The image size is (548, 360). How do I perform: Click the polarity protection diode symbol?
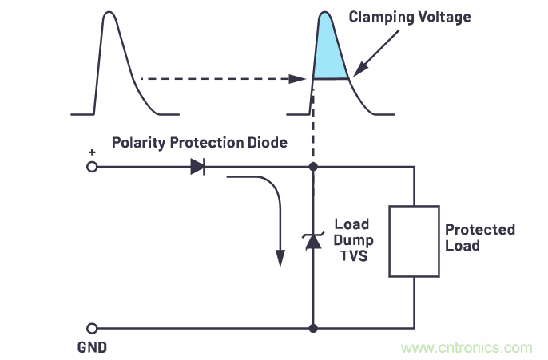click(x=197, y=167)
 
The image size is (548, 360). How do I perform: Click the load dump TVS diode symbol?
click(x=313, y=240)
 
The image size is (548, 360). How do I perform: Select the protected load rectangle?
click(x=414, y=241)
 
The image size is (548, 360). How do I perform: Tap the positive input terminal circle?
click(x=92, y=167)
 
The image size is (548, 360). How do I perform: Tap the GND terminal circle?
click(x=92, y=327)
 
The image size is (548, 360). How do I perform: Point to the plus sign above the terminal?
click(x=91, y=152)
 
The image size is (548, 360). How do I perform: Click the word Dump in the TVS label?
click(x=351, y=239)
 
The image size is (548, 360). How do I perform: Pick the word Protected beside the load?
click(x=479, y=230)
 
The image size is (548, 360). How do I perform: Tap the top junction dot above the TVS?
click(x=313, y=167)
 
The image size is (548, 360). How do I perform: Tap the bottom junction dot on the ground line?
click(x=313, y=327)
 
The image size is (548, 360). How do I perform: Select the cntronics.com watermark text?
click(x=467, y=348)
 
